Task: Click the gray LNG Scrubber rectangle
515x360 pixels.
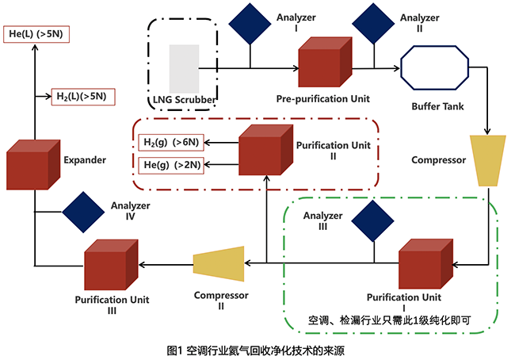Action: coord(184,67)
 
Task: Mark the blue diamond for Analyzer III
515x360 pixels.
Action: coord(374,219)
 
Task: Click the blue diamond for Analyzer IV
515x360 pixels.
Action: coord(83,211)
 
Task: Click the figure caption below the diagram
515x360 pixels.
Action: coord(257,349)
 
